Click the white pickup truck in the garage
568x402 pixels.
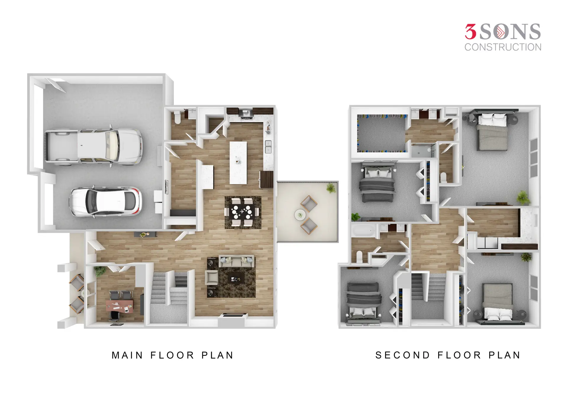point(93,147)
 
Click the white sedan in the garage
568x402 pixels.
point(106,202)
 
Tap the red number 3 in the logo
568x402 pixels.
point(471,32)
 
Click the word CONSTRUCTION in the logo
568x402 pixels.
point(503,47)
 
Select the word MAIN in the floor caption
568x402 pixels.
point(128,355)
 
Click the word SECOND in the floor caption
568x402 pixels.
point(403,355)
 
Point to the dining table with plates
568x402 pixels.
point(243,212)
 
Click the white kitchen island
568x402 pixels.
point(238,163)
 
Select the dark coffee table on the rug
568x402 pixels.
point(236,278)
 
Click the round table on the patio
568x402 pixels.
point(300,215)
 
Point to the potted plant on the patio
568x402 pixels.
point(331,188)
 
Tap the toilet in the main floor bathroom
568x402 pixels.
point(177,117)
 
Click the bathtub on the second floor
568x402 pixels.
point(364,231)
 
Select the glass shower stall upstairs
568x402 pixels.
point(424,150)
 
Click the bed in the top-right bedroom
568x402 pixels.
point(493,132)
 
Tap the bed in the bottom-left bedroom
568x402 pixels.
point(363,303)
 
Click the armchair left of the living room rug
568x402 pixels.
point(212,277)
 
